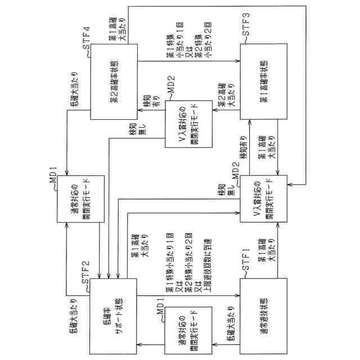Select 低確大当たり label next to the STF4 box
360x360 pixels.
[x=74, y=94]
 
